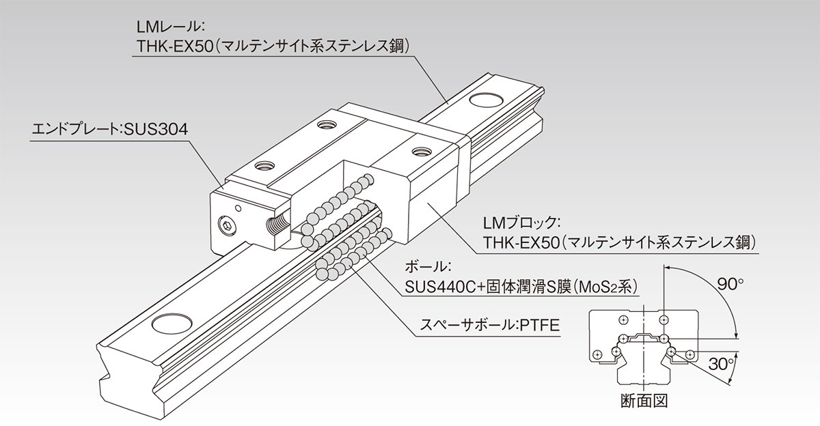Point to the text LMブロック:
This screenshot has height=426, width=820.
(x=521, y=223)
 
